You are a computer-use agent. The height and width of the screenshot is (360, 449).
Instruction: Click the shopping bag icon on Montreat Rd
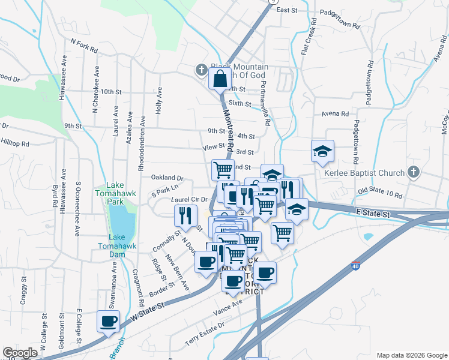click(x=220, y=78)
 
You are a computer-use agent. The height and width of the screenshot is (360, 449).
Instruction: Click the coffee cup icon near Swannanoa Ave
click(x=108, y=321)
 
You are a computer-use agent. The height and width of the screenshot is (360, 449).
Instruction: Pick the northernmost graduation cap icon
click(x=323, y=151)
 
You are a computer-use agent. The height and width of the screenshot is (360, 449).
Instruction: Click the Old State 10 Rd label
click(x=379, y=193)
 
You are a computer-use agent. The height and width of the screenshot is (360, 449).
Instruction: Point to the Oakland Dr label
click(x=167, y=178)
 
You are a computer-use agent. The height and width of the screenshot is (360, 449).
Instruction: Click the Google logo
click(x=20, y=353)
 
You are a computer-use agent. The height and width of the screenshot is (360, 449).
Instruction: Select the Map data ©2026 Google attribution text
click(x=411, y=355)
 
